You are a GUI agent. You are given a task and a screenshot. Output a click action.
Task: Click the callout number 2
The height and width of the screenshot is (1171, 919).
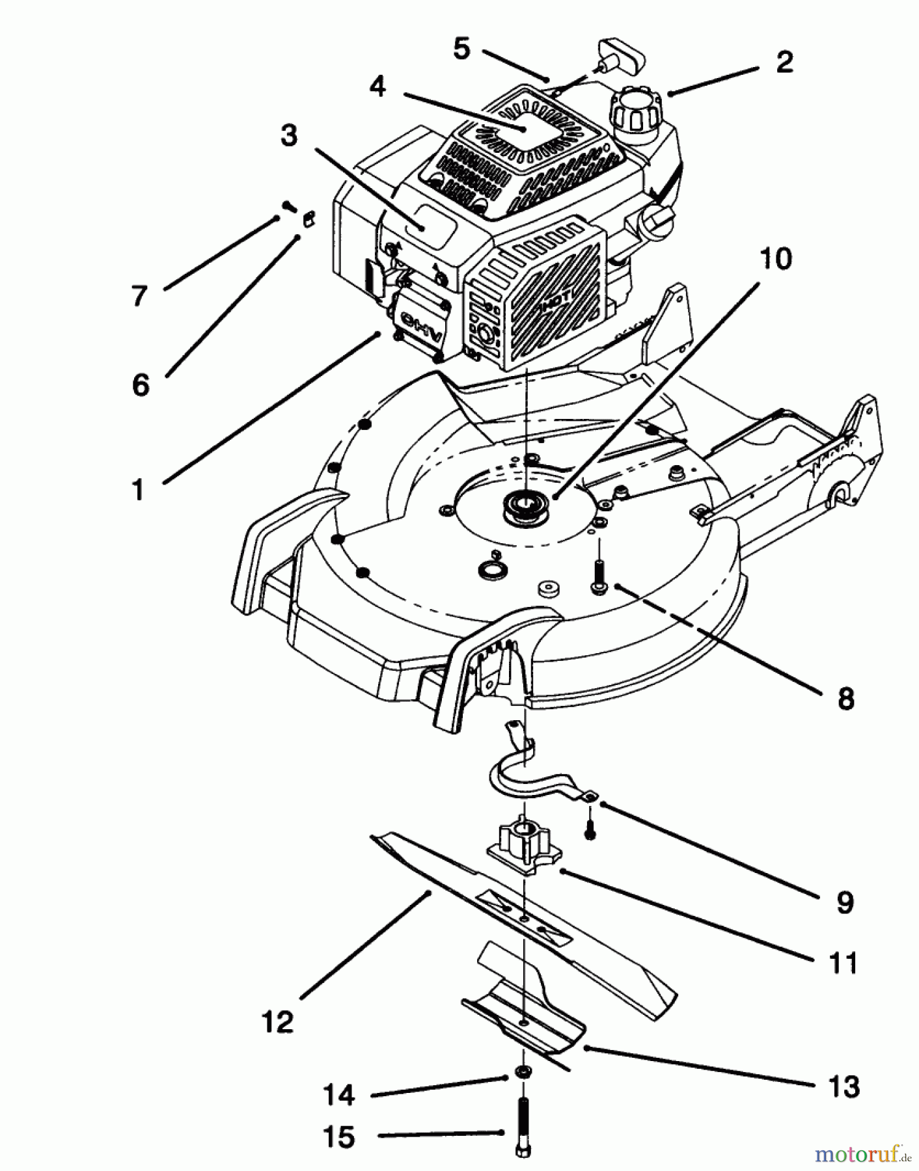pos(784,62)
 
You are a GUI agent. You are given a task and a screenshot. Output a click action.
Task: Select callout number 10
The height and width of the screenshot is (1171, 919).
pos(775,259)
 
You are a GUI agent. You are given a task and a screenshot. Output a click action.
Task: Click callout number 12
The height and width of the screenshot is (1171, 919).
pos(278,1022)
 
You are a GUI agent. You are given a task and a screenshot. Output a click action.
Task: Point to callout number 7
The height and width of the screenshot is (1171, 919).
pos(139,296)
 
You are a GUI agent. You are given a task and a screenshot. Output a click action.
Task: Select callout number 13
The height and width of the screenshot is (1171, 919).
pos(844,1086)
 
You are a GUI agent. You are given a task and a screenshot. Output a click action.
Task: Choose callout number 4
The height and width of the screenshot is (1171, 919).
pos(377,86)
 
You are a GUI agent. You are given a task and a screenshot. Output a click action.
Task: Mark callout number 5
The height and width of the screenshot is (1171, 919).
pos(461,49)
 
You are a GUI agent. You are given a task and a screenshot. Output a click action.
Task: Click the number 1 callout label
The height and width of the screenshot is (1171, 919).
pos(138,489)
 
